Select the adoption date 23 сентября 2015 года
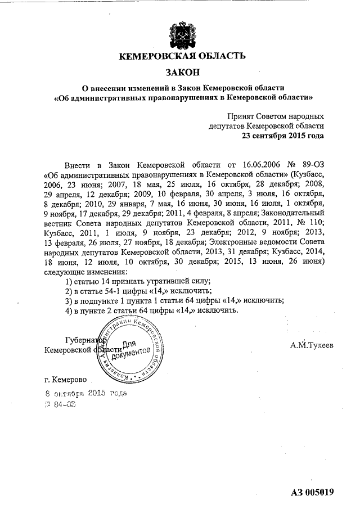coord(282,136)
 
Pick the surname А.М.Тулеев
coord(312,344)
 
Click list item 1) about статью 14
coord(138,280)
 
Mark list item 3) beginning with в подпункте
coord(175,300)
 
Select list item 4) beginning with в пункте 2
coord(152,310)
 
